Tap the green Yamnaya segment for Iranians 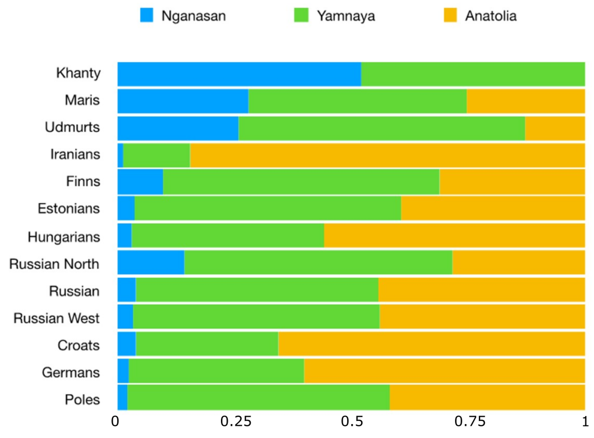[156, 155]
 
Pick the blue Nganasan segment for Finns [140, 182]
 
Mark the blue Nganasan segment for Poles [122, 397]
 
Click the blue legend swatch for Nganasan [146, 15]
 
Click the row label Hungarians [64, 237]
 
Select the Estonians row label [69, 208]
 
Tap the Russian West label [57, 318]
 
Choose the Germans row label [71, 372]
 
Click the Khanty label [78, 73]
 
